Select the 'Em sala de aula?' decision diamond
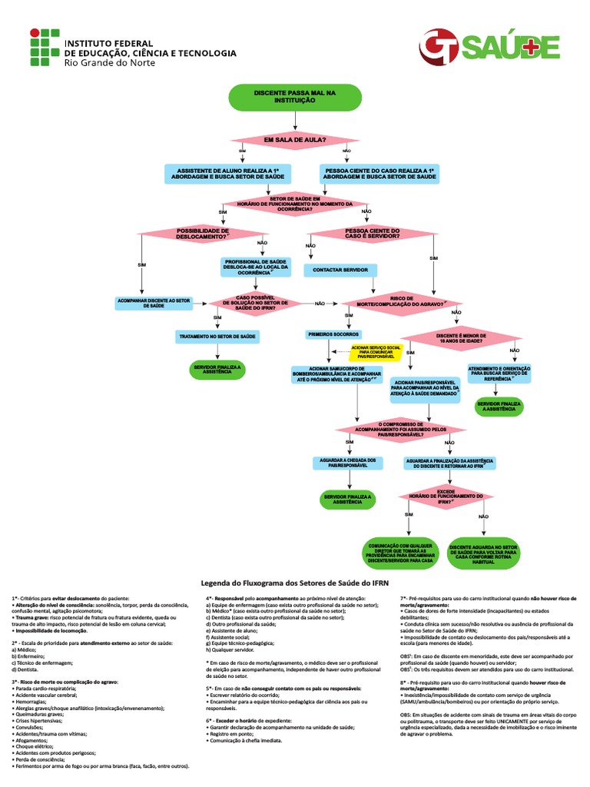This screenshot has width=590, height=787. click(296, 140)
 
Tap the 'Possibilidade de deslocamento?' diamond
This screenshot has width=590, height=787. click(203, 233)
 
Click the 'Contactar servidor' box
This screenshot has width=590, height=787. click(341, 271)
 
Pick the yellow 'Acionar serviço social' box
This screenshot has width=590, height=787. click(376, 352)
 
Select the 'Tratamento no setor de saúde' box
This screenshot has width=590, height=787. click(217, 337)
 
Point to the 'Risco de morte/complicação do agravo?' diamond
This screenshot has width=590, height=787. click(403, 302)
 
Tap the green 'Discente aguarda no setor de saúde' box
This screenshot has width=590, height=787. click(483, 551)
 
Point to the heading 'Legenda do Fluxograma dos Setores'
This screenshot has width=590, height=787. click(295, 583)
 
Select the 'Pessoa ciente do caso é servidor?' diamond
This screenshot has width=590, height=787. click(373, 233)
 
